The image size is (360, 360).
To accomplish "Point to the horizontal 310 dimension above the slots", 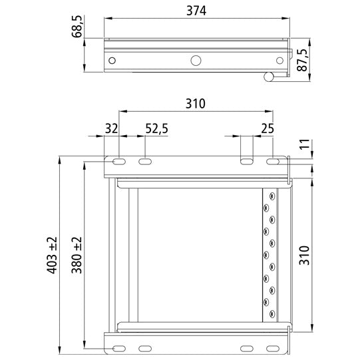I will (x=196, y=103).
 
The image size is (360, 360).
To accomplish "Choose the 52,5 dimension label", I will (x=156, y=128).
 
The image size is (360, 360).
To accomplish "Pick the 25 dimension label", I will (x=269, y=128).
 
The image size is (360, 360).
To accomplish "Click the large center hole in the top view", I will (x=196, y=61).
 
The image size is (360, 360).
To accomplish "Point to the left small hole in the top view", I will (x=111, y=61).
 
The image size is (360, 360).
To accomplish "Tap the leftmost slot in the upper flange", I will (x=117, y=162).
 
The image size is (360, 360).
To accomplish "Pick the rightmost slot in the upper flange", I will (x=273, y=162).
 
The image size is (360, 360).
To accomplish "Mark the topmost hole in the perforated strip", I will (x=271, y=196).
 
